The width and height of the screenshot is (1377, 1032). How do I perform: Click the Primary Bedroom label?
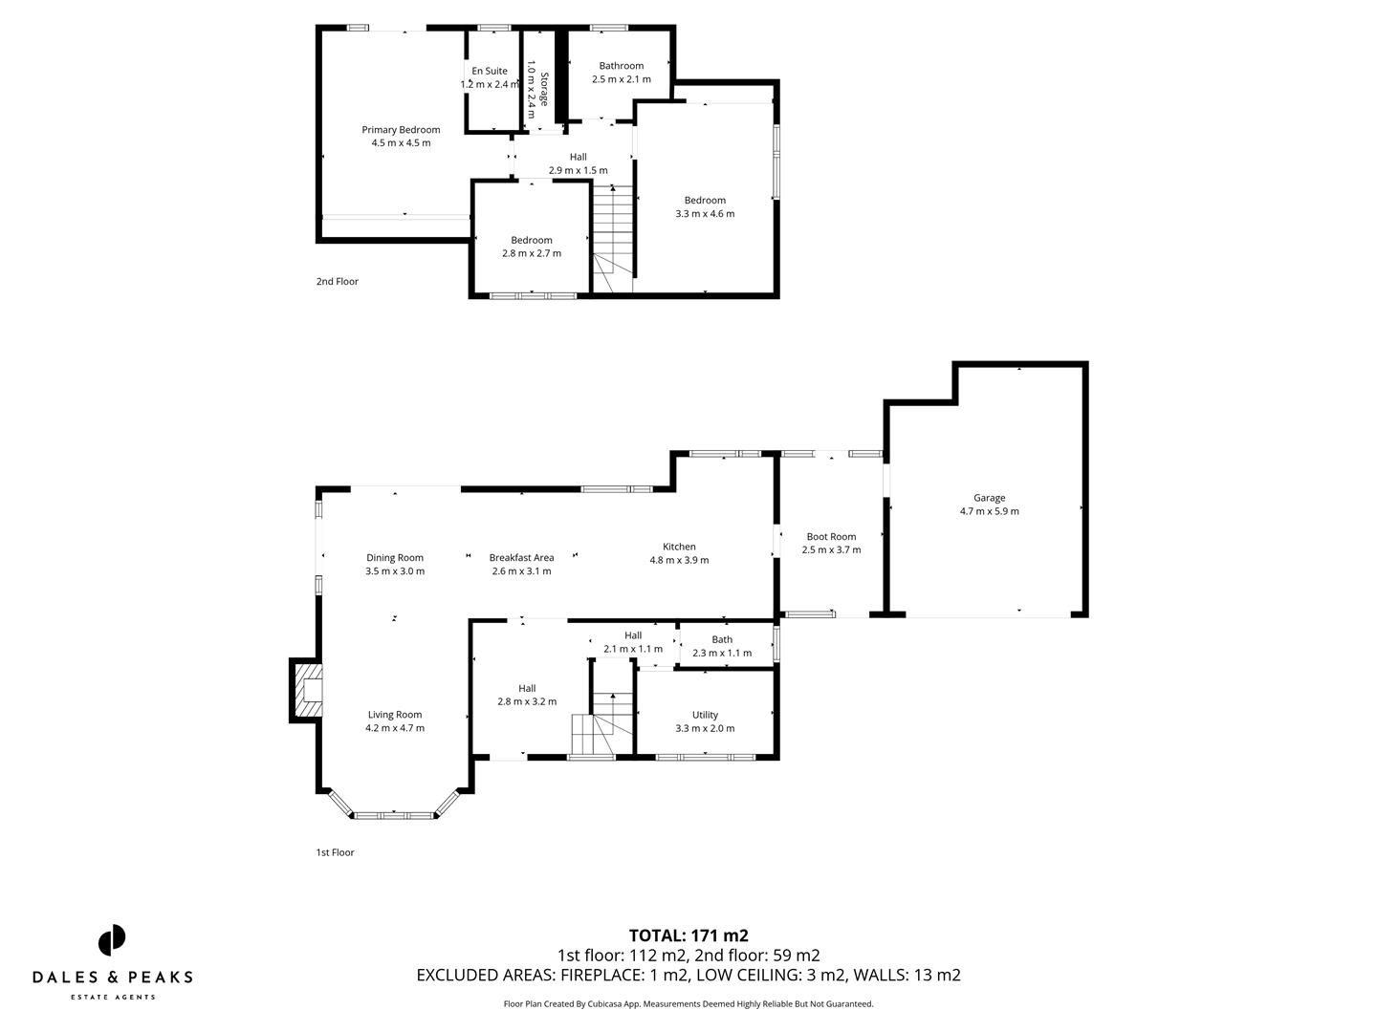[401, 137]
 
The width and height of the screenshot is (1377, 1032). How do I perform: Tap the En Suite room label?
[490, 77]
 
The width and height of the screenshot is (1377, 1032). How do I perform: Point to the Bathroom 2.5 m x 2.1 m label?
[621, 73]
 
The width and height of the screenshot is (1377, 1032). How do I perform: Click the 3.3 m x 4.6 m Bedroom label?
[705, 206]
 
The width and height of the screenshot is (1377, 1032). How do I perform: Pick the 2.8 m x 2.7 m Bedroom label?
[532, 247]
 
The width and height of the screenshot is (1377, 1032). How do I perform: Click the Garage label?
[989, 505]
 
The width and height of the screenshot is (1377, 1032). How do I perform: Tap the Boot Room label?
[831, 543]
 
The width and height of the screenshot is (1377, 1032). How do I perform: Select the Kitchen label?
[679, 553]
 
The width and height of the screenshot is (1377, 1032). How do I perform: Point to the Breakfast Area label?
[521, 564]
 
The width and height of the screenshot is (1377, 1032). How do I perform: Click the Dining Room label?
[395, 564]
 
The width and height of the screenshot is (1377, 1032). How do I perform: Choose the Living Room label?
[395, 720]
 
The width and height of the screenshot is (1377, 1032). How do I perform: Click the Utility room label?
[705, 721]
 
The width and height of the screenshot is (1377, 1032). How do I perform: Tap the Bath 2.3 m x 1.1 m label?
[722, 646]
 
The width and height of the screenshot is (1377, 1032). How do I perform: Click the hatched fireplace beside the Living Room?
[308, 690]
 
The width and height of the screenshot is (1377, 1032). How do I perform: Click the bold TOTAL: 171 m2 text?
[688, 935]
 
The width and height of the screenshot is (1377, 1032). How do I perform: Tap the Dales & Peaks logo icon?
[112, 939]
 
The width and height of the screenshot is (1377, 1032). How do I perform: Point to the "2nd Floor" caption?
[338, 282]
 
